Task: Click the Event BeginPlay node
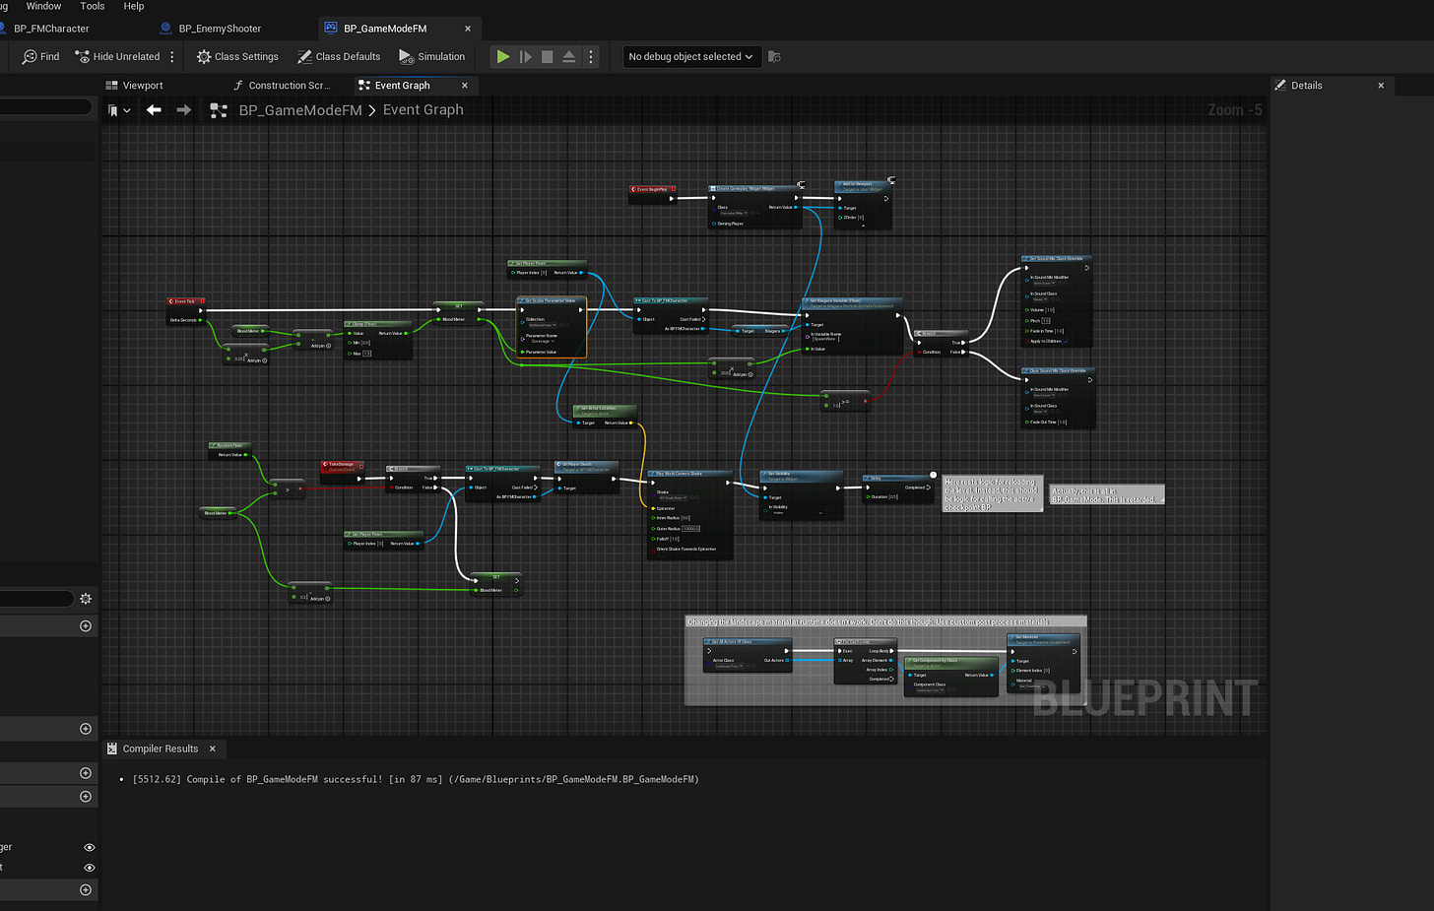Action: pyautogui.click(x=652, y=189)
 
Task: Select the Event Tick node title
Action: pyautogui.click(x=185, y=301)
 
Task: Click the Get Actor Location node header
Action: pyautogui.click(x=604, y=409)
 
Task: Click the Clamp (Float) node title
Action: pyautogui.click(x=375, y=323)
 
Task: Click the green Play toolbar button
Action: pyautogui.click(x=503, y=57)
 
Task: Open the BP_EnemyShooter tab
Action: pyautogui.click(x=219, y=29)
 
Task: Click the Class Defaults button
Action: pyautogui.click(x=339, y=57)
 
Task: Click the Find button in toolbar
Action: pyautogui.click(x=40, y=57)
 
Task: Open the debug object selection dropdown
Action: pyautogui.click(x=690, y=57)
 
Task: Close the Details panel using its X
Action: pyautogui.click(x=1381, y=86)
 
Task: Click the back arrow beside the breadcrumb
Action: pyautogui.click(x=154, y=110)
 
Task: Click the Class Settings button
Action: pyautogui.click(x=237, y=57)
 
